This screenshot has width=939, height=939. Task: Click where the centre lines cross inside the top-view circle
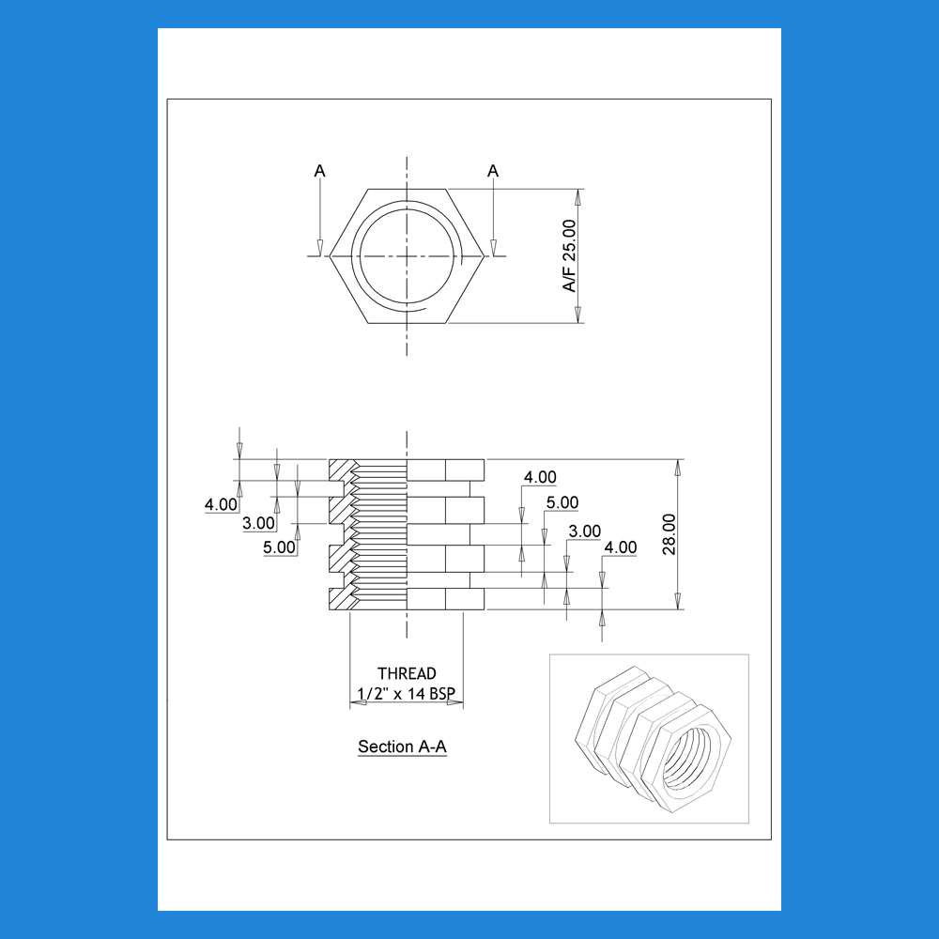[x=408, y=256]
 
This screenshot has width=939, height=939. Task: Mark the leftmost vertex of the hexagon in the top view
[x=330, y=256]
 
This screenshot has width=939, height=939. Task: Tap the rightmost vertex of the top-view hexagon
[x=484, y=256]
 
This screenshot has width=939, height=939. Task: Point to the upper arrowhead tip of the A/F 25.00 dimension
[x=577, y=190]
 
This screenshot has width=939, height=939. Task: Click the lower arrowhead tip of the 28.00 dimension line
[x=678, y=609]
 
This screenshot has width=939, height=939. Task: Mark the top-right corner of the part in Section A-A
[x=484, y=459]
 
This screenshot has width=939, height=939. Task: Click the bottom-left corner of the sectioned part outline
[x=330, y=609]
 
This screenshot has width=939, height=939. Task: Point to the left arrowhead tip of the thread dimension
[x=350, y=702]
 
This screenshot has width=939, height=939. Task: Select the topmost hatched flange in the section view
[x=343, y=470]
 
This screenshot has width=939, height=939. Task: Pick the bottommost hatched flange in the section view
[x=343, y=599]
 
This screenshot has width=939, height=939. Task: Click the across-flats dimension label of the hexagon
[x=569, y=255]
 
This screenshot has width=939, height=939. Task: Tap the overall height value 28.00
[x=669, y=534]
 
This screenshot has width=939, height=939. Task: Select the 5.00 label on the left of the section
[x=279, y=547]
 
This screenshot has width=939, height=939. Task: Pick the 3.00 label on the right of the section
[x=584, y=531]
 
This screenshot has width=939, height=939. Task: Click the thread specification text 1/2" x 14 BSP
[x=406, y=694]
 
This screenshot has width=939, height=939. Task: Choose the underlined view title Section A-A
[x=403, y=747]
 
